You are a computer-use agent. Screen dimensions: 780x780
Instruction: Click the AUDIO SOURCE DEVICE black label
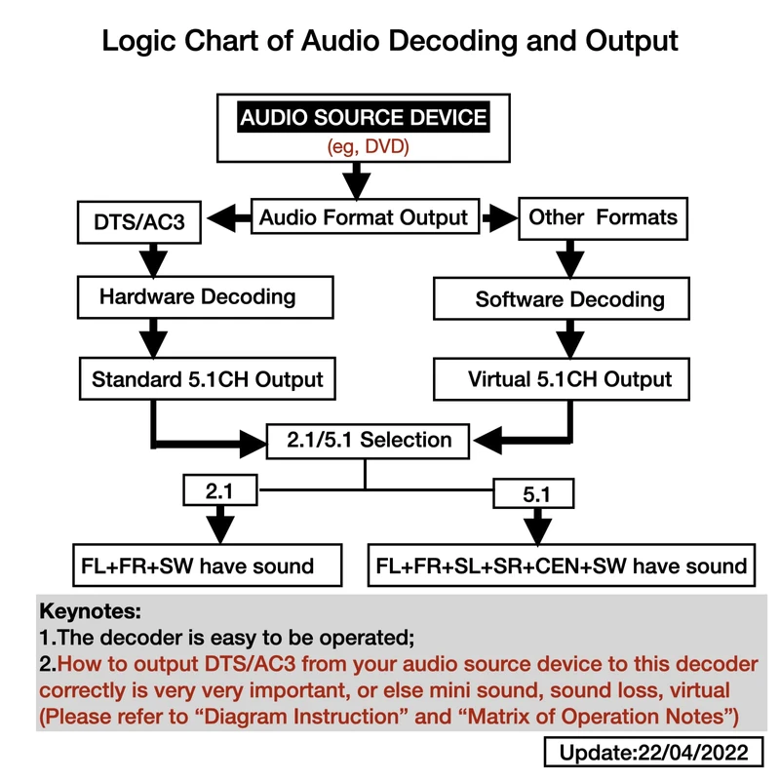pos(364,119)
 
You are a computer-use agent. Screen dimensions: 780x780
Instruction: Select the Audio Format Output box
pos(364,216)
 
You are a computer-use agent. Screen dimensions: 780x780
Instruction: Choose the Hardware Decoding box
pos(198,296)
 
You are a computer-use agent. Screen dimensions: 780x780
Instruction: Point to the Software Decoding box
pos(570,299)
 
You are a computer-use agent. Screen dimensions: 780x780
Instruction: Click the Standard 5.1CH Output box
pos(207,378)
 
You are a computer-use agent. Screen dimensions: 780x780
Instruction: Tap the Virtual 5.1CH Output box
pos(569,378)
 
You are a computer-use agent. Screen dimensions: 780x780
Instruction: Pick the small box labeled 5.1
pos(536,494)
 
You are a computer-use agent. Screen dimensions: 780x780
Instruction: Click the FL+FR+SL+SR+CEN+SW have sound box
pos(562,565)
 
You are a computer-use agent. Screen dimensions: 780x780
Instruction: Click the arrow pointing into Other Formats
pos(498,216)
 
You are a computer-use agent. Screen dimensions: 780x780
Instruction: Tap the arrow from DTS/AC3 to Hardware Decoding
pos(154,260)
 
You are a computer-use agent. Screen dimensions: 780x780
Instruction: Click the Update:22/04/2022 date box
pos(652,752)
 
